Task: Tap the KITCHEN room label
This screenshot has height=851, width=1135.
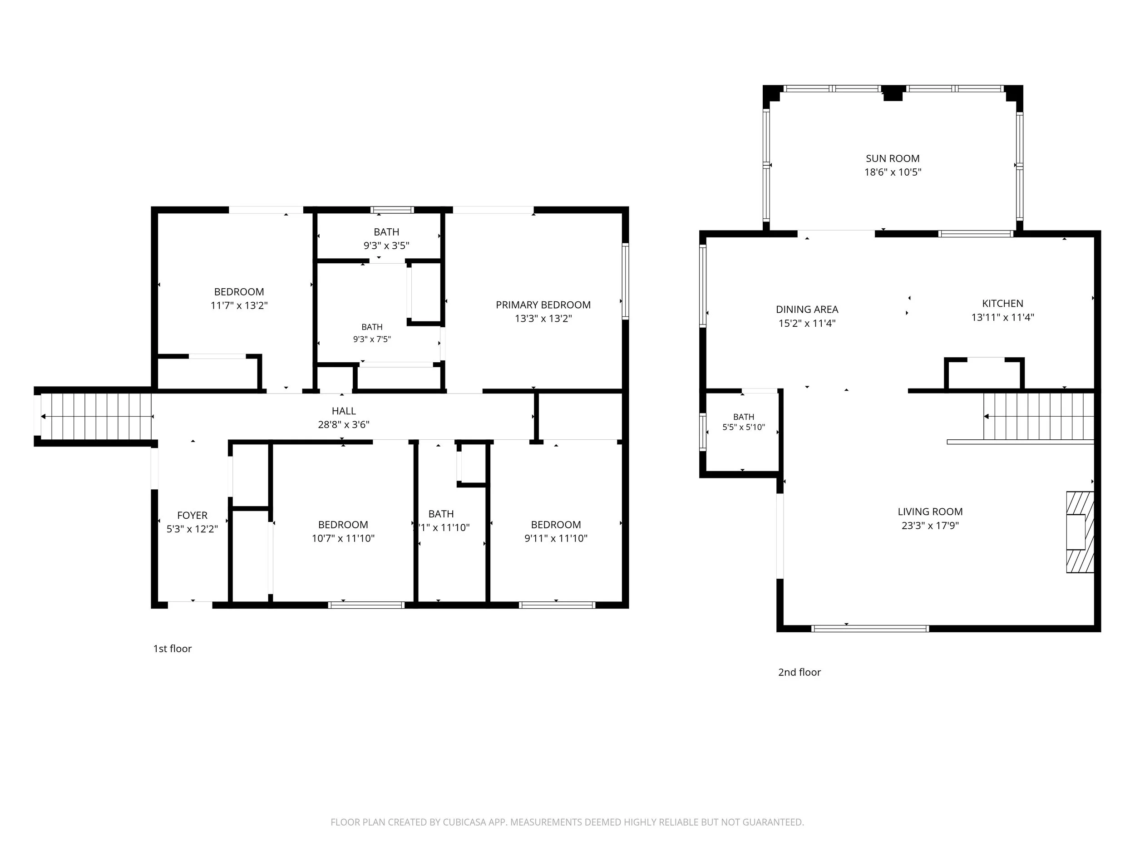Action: coord(1002,304)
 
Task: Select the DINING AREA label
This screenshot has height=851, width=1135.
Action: coord(807,310)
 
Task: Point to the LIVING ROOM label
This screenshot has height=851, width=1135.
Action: coord(930,512)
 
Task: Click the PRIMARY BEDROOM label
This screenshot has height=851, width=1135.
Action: coord(543,305)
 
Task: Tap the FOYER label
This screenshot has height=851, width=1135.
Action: coord(192,515)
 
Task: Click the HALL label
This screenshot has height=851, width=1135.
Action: coord(343,411)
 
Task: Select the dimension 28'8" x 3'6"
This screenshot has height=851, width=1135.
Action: coord(343,425)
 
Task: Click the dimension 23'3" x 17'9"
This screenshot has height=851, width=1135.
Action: coord(930,525)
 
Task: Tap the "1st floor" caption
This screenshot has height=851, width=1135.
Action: coord(173,649)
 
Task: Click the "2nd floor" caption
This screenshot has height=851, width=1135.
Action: coord(799,672)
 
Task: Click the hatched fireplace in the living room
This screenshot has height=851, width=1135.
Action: coord(1080,532)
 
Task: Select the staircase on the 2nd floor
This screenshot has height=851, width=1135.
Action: coord(1039,416)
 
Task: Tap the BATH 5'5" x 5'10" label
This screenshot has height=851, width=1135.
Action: coord(744,422)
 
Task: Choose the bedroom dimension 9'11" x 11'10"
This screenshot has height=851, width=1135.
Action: coord(556,539)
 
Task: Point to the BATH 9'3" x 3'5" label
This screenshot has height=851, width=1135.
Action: coord(386,239)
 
